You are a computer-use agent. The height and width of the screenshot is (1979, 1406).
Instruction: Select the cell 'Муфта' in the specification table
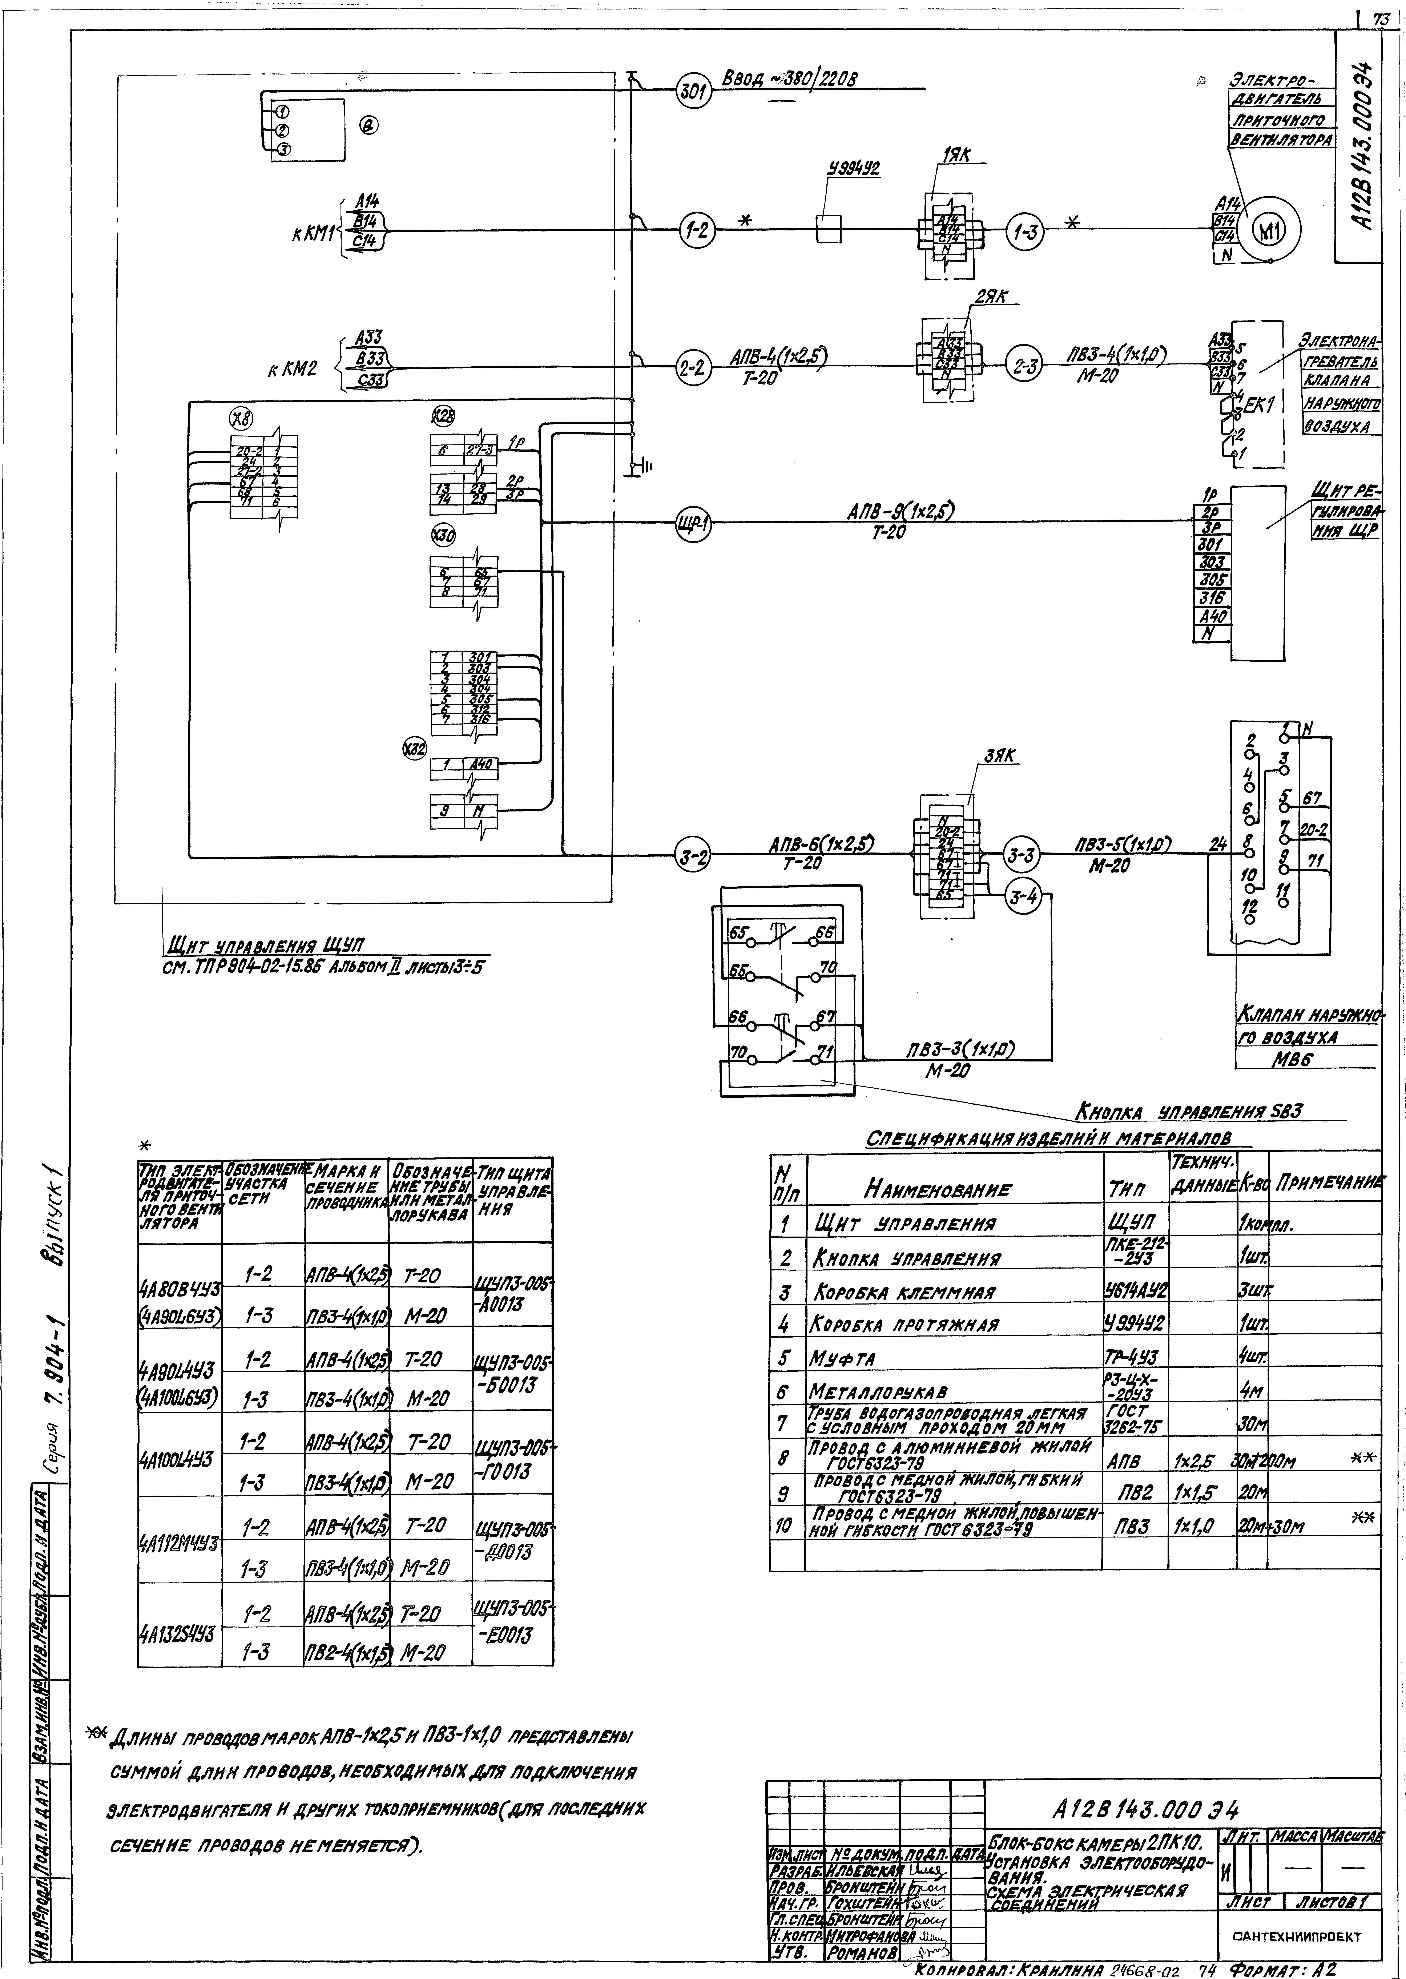tap(834, 1358)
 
